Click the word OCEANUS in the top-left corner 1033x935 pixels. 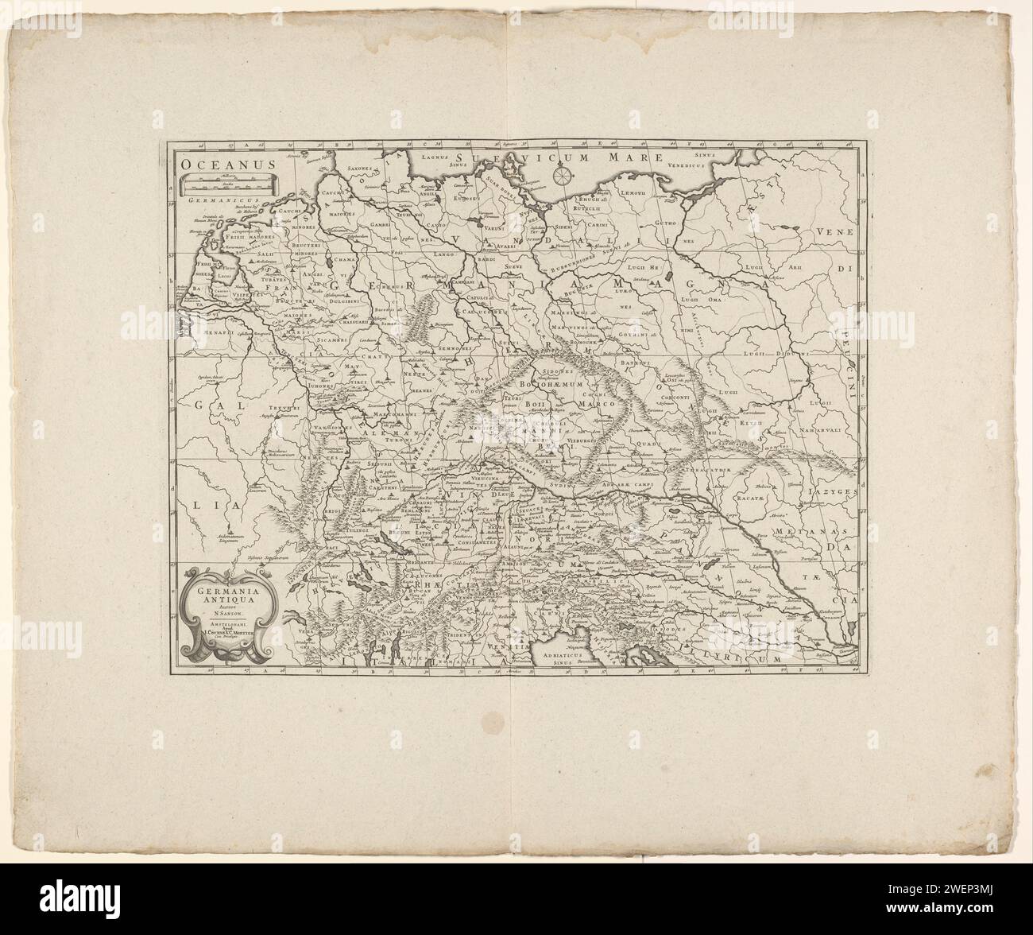[226, 163]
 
